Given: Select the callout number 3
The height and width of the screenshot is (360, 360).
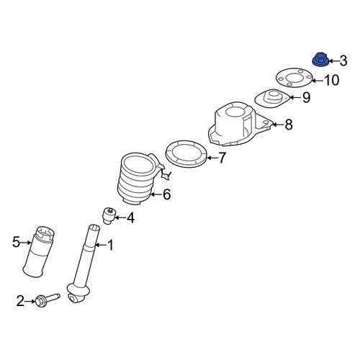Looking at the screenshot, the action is [x=343, y=60].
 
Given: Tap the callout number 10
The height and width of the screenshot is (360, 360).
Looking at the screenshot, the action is [x=332, y=80].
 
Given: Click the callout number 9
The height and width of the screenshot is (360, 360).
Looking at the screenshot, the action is [x=306, y=97].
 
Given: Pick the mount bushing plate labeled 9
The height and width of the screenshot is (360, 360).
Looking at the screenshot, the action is [x=271, y=99].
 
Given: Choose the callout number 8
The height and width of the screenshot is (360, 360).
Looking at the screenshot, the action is [x=289, y=125].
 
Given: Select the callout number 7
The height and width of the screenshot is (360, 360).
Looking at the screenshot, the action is [x=222, y=158].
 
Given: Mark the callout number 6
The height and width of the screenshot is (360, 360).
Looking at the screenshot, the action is [x=166, y=194].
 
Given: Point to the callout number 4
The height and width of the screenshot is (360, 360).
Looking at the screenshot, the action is [x=130, y=218].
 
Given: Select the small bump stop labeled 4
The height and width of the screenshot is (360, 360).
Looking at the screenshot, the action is [x=109, y=215].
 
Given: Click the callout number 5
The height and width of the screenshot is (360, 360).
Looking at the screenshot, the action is [x=16, y=242].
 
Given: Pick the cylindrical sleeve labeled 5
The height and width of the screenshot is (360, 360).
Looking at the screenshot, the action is [x=39, y=251].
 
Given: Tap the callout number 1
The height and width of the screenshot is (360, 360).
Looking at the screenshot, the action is [x=110, y=245].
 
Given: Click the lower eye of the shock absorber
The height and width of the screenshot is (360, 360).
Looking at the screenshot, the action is [x=73, y=299].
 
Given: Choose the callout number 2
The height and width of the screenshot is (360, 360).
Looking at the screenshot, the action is [x=20, y=301].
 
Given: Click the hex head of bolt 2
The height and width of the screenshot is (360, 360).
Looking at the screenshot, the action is [x=41, y=302].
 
